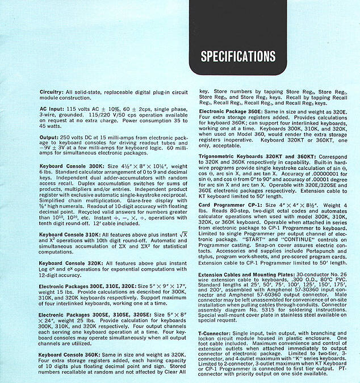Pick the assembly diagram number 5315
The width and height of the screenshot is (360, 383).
(254, 310)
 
